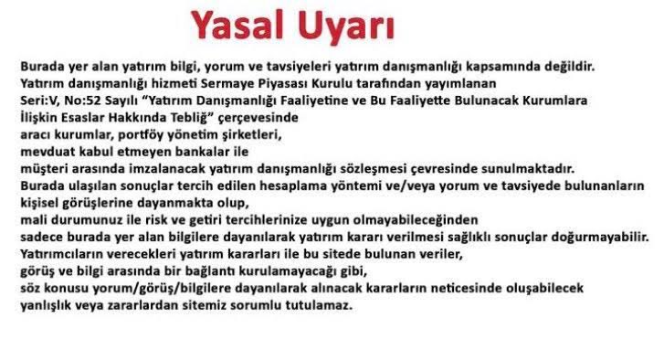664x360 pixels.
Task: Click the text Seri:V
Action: [37, 99]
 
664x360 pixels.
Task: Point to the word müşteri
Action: [43, 166]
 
